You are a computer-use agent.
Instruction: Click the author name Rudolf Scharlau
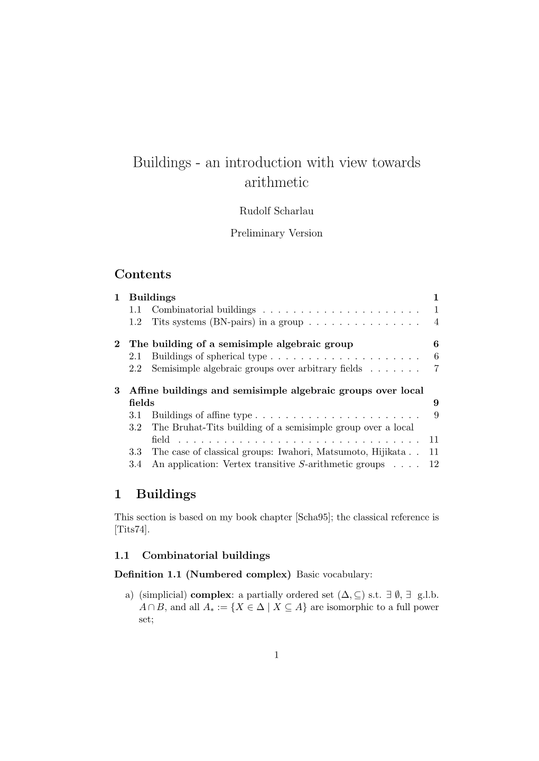pyautogui.click(x=276, y=211)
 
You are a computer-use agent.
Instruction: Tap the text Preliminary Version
pyautogui.click(x=276, y=233)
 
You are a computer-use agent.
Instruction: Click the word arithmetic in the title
pyautogui.click(x=276, y=183)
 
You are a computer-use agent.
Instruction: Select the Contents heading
pyautogui.click(x=143, y=274)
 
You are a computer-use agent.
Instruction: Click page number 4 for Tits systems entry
pyautogui.click(x=436, y=322)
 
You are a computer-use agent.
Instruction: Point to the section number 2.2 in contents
pyautogui.click(x=135, y=368)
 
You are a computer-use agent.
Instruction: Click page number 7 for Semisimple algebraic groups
pyautogui.click(x=436, y=368)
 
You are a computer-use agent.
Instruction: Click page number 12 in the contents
pyautogui.click(x=434, y=464)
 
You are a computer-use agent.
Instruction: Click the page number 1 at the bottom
pyautogui.click(x=276, y=655)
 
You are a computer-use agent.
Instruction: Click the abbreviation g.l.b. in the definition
pyautogui.click(x=428, y=595)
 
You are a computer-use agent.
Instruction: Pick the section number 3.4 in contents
pyautogui.click(x=135, y=464)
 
